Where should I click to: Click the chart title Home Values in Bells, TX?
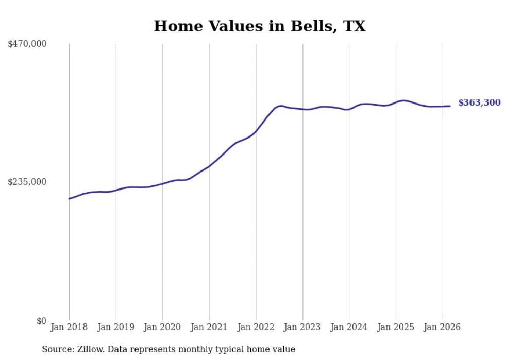point(260,26)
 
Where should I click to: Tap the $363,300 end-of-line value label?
point(479,102)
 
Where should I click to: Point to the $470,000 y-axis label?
point(27,44)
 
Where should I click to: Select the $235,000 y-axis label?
point(27,182)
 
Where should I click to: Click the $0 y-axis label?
point(41,321)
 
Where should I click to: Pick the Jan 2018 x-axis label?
point(69,327)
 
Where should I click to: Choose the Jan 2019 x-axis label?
point(116,327)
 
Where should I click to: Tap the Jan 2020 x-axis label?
point(162,327)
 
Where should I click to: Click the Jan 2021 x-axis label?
point(209,327)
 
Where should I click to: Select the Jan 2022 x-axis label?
point(256,327)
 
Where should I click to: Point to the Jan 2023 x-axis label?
point(302,327)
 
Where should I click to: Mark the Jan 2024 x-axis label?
point(349,327)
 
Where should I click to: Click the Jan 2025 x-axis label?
point(396,327)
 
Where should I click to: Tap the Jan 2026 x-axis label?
point(442,327)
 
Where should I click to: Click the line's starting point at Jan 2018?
point(69,198)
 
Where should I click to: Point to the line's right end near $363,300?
point(450,106)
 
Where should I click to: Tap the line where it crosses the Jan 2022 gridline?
point(256,131)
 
